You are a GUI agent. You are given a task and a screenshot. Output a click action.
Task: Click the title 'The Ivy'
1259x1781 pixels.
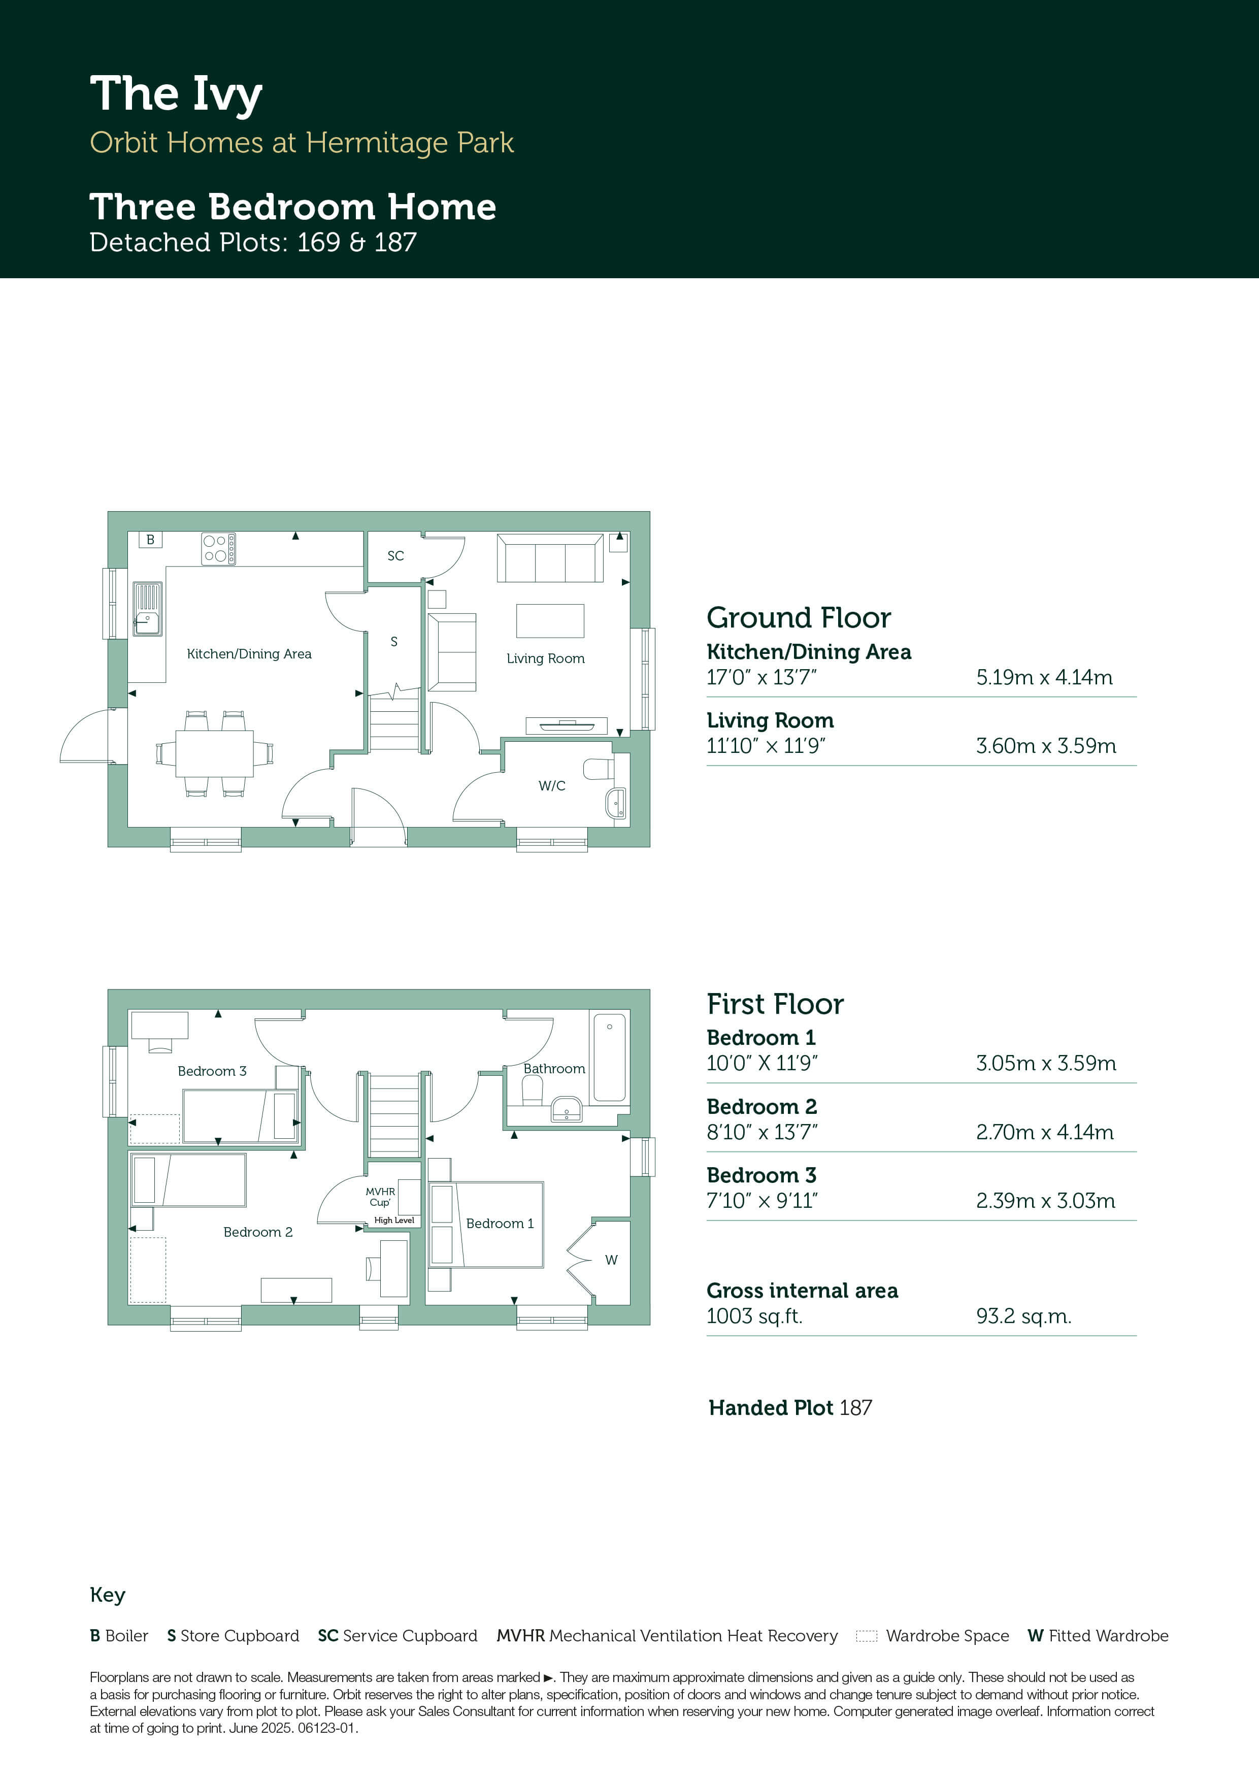176,94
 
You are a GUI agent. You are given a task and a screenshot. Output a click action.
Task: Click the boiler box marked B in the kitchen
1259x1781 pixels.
150,539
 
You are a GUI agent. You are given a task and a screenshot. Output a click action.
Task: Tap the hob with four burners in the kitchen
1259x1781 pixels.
218,548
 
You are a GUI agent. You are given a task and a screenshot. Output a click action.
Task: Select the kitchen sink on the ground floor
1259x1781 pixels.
147,609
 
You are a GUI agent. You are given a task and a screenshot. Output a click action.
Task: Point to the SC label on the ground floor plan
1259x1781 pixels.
395,556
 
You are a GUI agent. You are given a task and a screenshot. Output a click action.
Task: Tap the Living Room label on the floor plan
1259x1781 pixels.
545,658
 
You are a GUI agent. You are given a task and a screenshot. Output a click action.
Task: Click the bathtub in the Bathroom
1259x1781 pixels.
609,1057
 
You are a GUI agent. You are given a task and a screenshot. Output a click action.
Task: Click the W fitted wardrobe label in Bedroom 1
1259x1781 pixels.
611,1260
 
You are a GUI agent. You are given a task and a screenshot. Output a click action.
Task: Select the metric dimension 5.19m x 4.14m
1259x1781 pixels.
1044,677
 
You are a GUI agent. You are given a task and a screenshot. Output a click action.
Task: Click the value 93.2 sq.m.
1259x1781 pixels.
1023,1316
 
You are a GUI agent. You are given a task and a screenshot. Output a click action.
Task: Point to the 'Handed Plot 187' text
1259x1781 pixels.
790,1408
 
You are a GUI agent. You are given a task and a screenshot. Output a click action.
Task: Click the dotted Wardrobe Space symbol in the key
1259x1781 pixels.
867,1636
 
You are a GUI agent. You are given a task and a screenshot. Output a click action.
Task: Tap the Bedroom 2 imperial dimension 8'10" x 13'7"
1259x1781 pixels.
762,1133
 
